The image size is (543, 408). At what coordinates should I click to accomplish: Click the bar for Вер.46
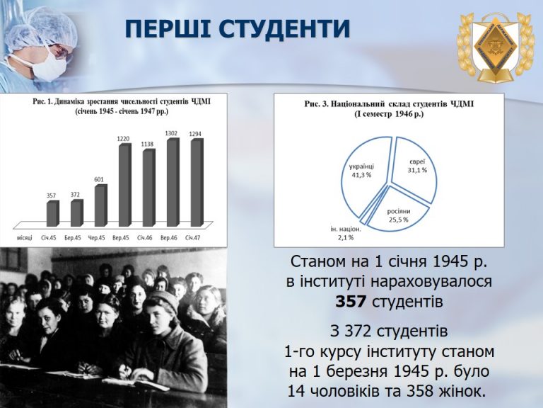173,182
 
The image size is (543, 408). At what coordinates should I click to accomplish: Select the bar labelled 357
52,214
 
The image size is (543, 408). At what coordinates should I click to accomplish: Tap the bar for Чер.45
101,205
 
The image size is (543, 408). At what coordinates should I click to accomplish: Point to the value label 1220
123,139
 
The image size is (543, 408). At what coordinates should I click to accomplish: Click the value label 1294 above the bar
195,134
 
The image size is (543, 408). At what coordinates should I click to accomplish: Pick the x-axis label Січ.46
145,238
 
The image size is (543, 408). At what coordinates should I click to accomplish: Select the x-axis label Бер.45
73,238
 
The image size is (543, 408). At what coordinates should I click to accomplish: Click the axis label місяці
25,238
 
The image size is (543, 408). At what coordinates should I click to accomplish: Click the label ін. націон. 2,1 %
346,234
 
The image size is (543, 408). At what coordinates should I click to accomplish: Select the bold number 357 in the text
351,302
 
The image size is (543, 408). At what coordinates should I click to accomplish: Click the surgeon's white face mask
49,67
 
